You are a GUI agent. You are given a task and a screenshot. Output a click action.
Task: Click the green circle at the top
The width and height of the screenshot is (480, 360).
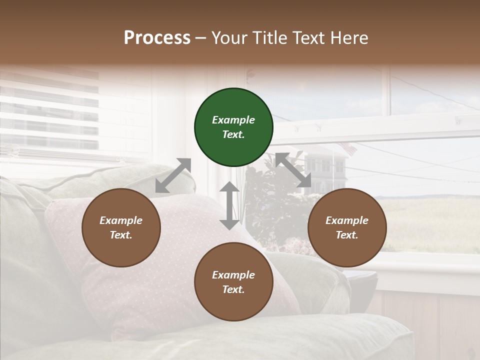coord(233,127)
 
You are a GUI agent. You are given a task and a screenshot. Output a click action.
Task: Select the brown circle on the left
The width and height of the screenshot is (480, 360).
coord(121,228)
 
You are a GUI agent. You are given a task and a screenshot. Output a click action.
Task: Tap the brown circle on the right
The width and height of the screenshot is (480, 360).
coord(347,228)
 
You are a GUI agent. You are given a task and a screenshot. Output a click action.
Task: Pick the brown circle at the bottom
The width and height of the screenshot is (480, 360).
coord(233,282)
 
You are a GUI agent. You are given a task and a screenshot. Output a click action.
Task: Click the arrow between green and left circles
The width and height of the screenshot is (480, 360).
coord(173,175)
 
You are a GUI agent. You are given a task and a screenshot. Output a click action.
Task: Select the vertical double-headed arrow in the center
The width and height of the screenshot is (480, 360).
coord(229,205)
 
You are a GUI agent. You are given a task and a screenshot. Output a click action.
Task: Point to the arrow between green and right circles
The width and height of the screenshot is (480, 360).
coord(293,170)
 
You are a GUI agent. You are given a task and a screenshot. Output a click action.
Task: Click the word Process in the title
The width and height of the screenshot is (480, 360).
coord(157,38)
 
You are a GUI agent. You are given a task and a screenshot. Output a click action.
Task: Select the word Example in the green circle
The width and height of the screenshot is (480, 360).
coord(233,120)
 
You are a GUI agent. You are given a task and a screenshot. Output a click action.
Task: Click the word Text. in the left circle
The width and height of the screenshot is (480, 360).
coord(121,235)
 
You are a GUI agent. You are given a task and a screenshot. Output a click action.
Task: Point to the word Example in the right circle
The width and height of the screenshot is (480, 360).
coord(347,220)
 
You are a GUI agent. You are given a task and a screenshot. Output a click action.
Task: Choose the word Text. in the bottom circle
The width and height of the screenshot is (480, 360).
coord(233,289)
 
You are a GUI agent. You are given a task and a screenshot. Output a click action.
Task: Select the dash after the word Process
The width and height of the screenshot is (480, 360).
coord(201,38)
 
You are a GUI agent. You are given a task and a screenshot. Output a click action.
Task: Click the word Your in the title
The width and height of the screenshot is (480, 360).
coord(227,38)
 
